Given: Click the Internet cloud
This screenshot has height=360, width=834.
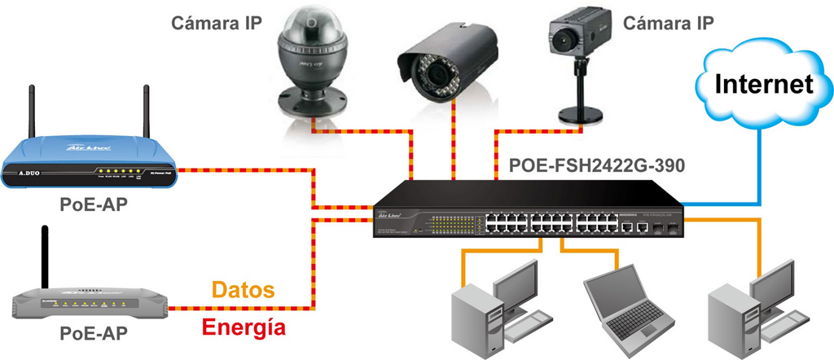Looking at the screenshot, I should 763,85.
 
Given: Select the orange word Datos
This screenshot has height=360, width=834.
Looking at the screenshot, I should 243,290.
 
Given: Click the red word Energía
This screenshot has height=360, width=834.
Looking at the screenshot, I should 244,327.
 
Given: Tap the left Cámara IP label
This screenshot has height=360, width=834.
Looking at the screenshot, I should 216,23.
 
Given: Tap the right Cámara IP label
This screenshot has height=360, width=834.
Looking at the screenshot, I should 669,23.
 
